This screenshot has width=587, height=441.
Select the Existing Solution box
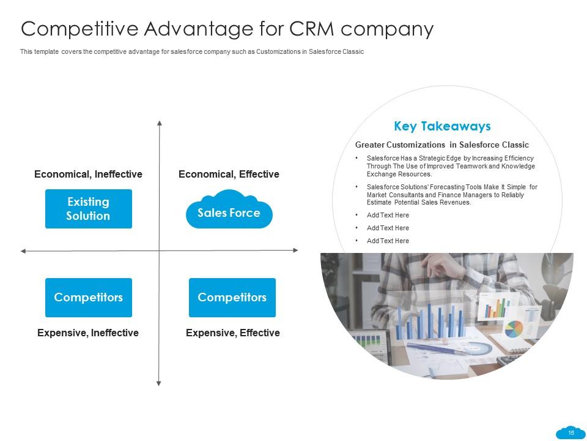88,209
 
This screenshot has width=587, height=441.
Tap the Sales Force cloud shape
229,213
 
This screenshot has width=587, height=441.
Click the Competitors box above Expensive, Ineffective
88,298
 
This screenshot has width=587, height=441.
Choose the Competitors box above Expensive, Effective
232,298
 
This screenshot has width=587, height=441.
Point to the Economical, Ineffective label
88,175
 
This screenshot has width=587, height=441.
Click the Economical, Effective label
229,175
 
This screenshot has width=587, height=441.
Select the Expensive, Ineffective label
88,333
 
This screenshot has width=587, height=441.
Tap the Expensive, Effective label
232,333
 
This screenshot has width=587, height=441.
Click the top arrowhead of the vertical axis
159,123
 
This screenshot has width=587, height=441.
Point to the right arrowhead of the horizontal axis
296,250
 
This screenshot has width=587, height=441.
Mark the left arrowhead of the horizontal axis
23,251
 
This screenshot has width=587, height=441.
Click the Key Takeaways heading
442,126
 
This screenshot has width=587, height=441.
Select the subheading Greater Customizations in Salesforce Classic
441,145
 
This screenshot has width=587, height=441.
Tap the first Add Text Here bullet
388,216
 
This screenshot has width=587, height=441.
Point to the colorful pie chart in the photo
514,329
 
